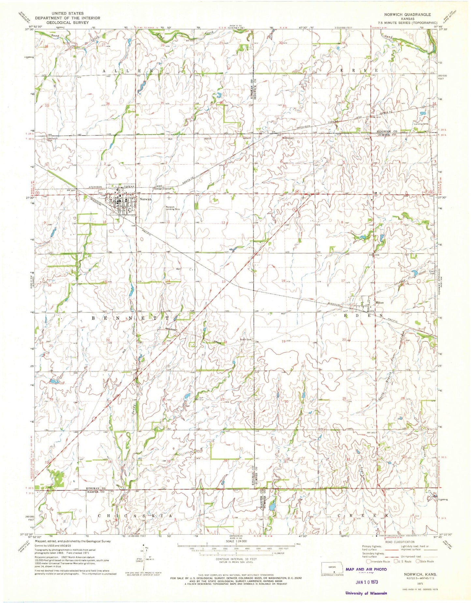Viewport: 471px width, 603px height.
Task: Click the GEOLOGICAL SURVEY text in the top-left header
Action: tap(67, 23)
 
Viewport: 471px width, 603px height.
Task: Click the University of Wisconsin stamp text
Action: tap(366, 593)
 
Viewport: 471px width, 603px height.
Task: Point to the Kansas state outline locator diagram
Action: tap(332, 568)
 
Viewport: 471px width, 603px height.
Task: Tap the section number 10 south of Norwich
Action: tap(104, 222)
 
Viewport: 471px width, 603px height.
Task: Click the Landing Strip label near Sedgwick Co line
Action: tap(421, 124)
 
